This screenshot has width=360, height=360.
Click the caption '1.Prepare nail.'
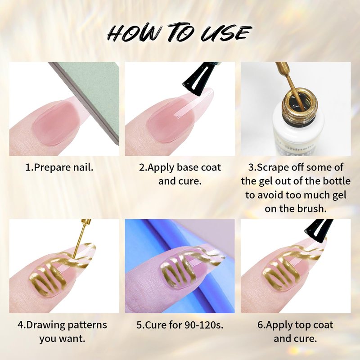tap(59, 167)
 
